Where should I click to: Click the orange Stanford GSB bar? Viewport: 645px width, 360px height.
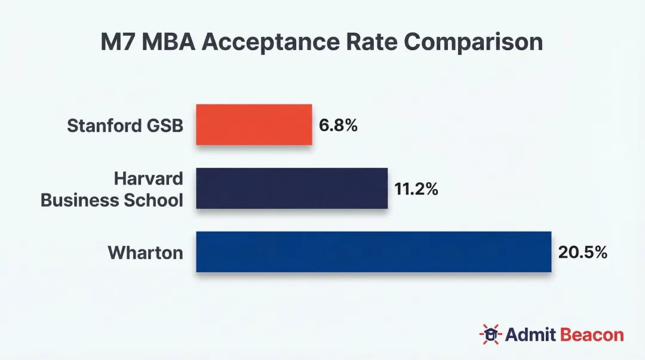254,125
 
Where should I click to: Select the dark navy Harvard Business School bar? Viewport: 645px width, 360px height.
291,189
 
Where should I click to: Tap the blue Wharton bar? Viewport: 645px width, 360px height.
373,252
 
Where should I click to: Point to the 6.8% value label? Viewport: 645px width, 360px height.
338,125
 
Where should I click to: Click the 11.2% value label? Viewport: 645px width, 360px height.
416,189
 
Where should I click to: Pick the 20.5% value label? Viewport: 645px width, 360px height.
582,253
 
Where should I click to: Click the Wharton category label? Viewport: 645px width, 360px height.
145,253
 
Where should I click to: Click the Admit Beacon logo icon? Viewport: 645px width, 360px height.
490,334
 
